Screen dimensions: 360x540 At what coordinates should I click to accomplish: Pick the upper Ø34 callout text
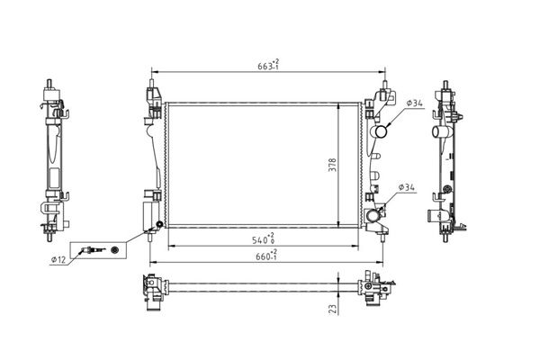tap(415, 104)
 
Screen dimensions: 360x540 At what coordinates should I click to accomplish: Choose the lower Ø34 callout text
tap(406, 187)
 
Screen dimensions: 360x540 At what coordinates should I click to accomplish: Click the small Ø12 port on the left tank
tap(158, 225)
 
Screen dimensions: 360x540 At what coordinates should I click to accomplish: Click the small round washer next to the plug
tap(114, 249)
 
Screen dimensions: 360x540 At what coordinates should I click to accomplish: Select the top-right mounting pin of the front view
tap(387, 90)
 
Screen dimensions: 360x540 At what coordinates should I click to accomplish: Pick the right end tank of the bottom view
tap(378, 288)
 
